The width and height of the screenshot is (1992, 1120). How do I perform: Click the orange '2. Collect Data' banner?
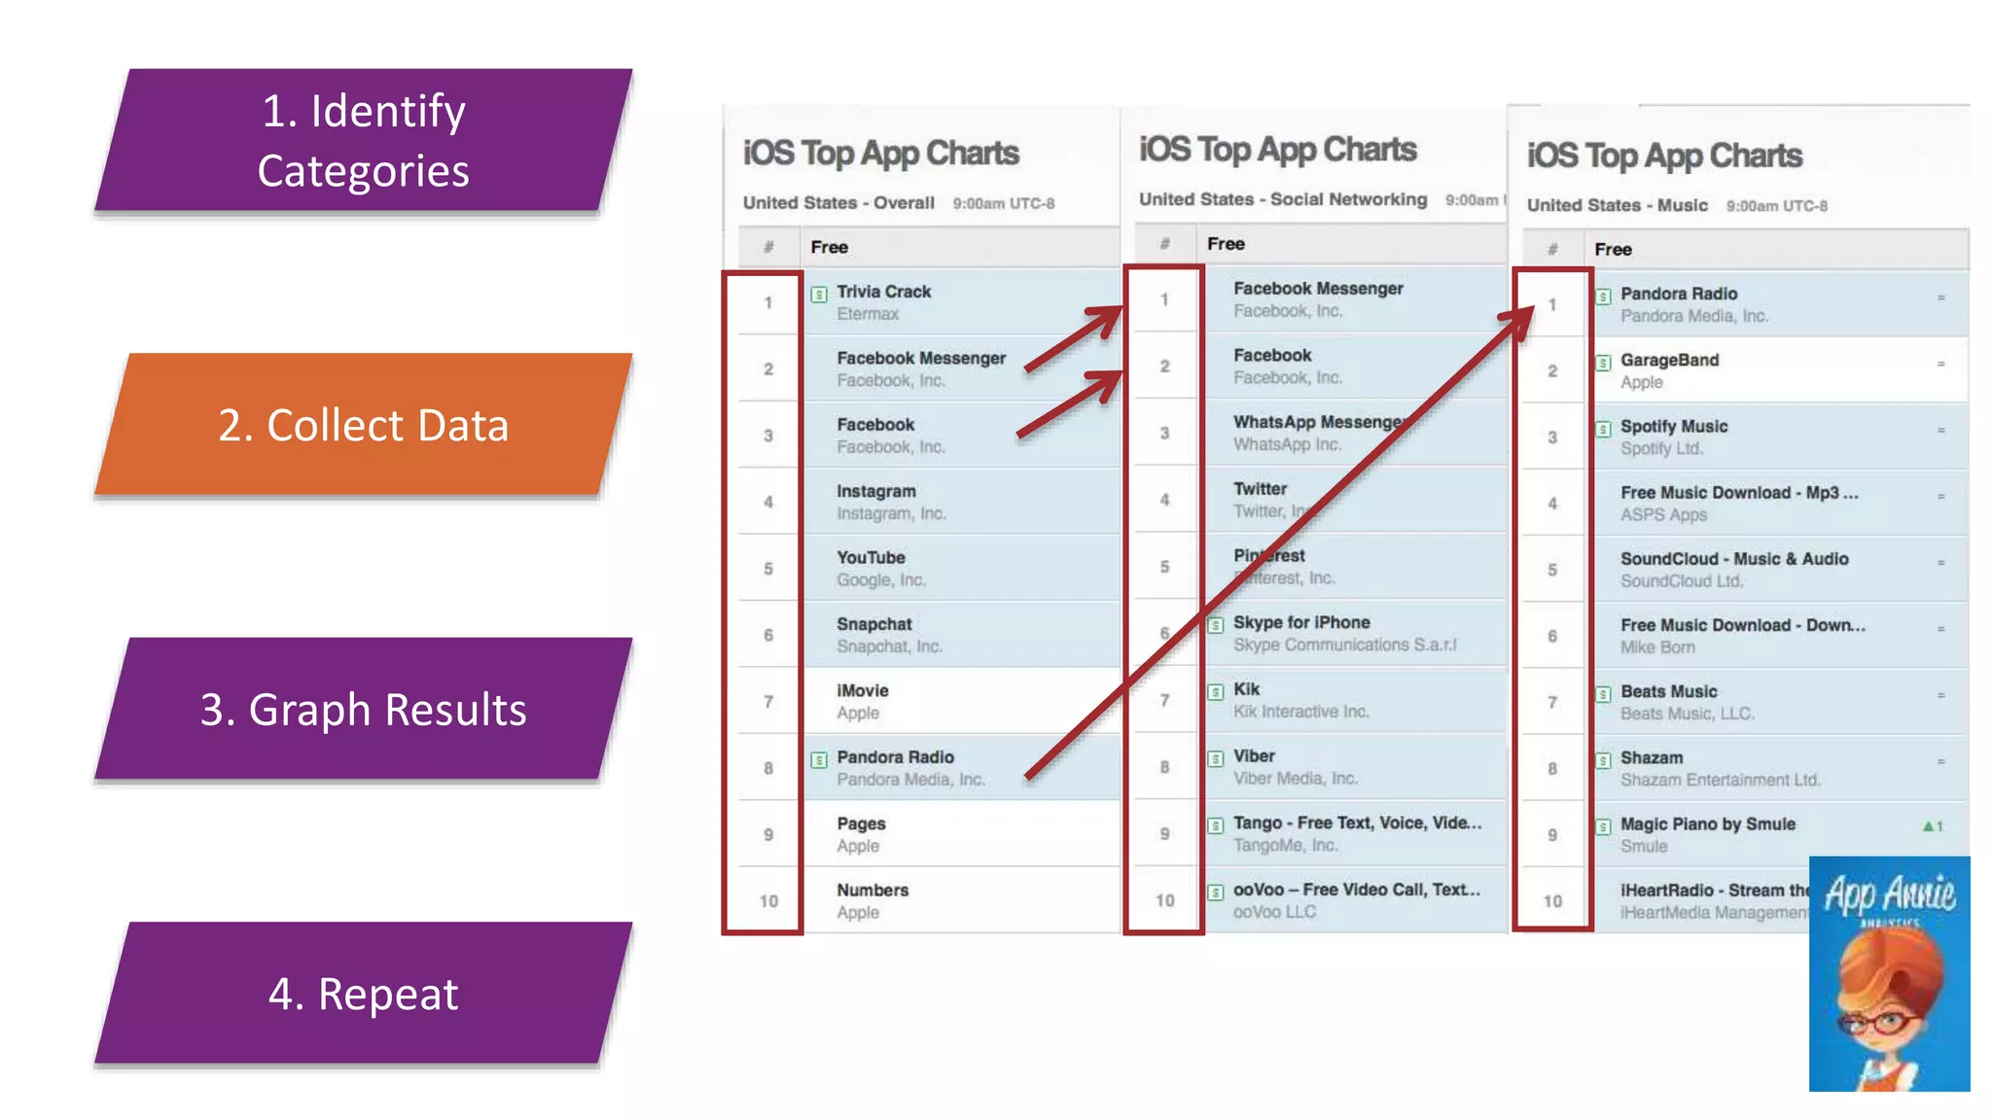(363, 425)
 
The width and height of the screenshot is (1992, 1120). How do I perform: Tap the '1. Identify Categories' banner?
(363, 140)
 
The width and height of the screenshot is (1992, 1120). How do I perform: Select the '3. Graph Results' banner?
(363, 709)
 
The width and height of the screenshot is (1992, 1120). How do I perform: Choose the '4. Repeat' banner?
(363, 994)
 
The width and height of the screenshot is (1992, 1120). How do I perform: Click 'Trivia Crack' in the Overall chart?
(883, 292)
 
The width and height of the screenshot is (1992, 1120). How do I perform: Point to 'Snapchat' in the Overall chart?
(873, 624)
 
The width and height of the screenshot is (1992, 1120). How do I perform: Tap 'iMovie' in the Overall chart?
(862, 690)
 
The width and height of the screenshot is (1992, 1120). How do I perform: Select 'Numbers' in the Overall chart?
(872, 890)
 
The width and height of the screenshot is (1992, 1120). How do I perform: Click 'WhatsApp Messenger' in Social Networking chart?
(1318, 422)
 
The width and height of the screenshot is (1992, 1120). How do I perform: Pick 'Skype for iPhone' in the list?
(1300, 622)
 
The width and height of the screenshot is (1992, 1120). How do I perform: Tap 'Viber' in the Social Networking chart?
(1254, 755)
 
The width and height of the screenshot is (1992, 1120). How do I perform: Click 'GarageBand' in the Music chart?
(1669, 360)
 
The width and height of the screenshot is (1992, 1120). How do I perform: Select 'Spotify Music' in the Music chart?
(1673, 426)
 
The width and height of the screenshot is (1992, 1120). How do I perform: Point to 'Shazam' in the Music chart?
(1651, 757)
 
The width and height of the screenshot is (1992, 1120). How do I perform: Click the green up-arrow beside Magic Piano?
(1928, 825)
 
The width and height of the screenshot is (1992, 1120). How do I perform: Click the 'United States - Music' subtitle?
(1617, 205)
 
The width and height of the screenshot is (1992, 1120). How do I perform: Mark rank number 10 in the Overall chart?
(768, 901)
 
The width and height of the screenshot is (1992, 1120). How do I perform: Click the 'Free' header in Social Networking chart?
(1226, 244)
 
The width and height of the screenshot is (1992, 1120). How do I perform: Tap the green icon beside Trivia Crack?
(820, 294)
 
